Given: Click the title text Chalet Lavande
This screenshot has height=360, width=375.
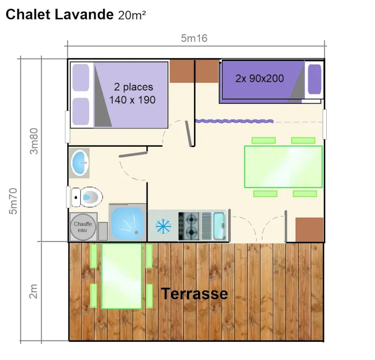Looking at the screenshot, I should (x=59, y=15).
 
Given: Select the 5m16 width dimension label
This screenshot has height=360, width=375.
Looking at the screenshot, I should (x=194, y=38).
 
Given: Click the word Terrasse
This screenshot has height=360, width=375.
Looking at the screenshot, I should (x=194, y=294).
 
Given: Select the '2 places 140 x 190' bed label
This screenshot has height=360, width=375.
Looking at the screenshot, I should (x=132, y=94).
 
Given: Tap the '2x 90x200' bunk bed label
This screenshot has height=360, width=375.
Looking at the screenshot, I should (x=260, y=79).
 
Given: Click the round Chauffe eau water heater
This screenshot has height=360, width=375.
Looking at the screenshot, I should (x=83, y=227).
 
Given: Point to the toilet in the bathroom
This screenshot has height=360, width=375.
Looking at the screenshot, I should (x=86, y=197).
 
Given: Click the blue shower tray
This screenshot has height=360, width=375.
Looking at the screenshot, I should (x=127, y=223).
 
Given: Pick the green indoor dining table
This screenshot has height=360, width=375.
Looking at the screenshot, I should (x=283, y=167).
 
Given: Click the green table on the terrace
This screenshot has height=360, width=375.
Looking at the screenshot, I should (x=121, y=276).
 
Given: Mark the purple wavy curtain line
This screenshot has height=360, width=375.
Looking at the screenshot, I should (x=234, y=121).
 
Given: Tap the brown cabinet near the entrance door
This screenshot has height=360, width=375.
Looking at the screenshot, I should (x=309, y=229).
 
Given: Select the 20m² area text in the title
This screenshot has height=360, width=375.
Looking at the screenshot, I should (x=132, y=15).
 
